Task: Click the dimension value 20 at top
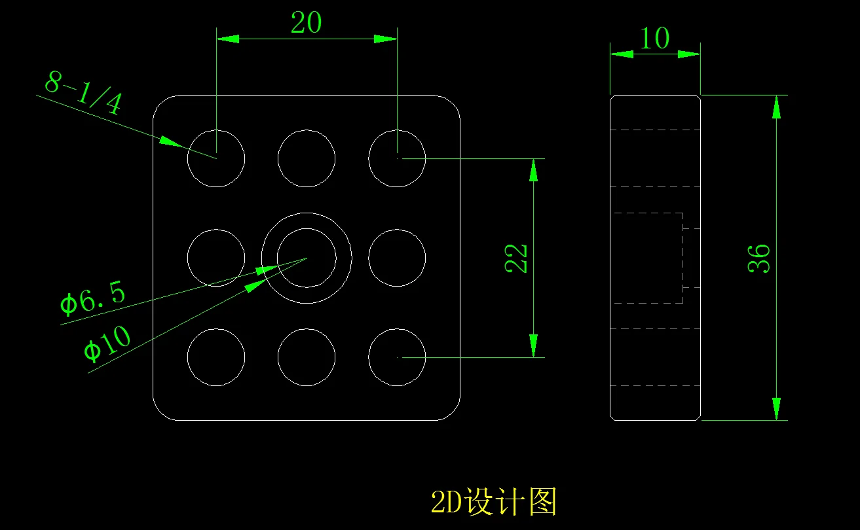coord(306,24)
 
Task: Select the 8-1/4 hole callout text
coord(83,94)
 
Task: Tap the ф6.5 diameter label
coord(92,299)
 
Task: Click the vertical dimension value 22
coord(516,258)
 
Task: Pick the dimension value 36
coord(758,258)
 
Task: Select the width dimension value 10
coord(654,39)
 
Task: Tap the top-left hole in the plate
coord(216,158)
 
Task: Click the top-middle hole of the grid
coord(306,158)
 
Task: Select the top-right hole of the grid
coord(397,158)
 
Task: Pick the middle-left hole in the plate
coord(216,258)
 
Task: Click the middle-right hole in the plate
coord(397,258)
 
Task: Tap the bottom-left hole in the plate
coord(216,357)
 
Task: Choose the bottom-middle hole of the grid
coord(306,357)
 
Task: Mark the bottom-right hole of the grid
coord(397,357)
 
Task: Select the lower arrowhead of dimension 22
coord(534,345)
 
